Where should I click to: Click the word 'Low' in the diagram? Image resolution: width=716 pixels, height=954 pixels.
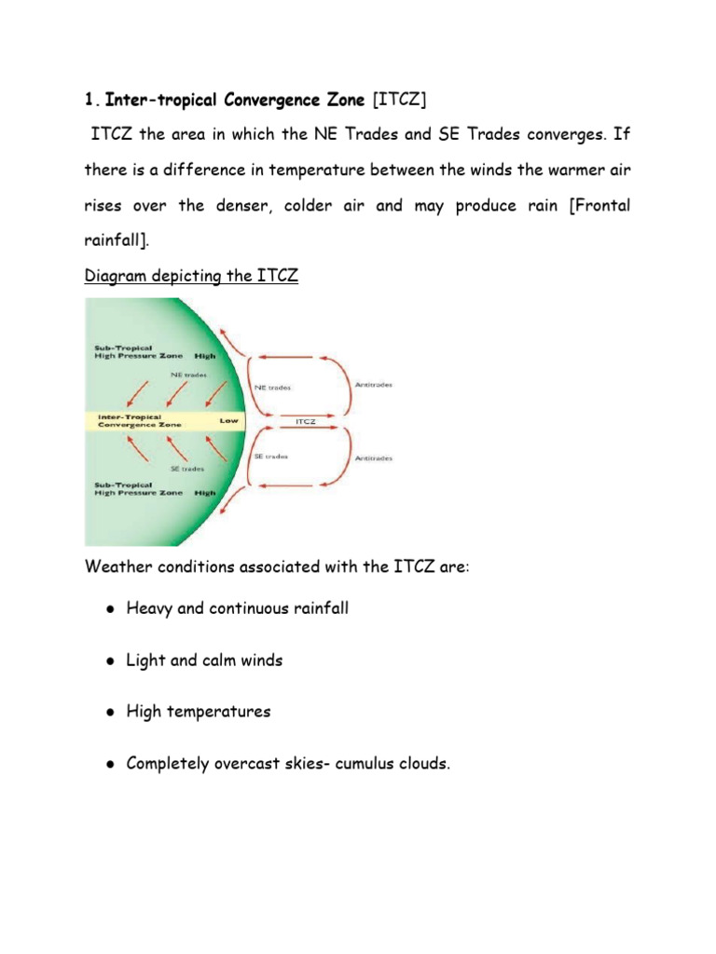coord(228,420)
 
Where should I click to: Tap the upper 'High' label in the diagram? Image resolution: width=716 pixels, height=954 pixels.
coord(204,356)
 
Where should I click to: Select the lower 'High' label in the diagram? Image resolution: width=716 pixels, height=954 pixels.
coord(204,492)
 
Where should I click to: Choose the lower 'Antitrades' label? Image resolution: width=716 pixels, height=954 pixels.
coord(374,458)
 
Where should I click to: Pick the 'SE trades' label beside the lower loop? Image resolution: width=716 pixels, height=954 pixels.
coord(271,457)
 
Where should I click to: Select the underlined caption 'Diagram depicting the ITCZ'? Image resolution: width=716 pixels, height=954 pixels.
coord(191,277)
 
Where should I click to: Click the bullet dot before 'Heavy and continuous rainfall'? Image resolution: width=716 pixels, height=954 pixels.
coord(109,609)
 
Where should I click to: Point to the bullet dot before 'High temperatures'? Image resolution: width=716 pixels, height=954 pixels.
coord(109,712)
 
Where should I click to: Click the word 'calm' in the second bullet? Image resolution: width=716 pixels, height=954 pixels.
coord(210,661)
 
